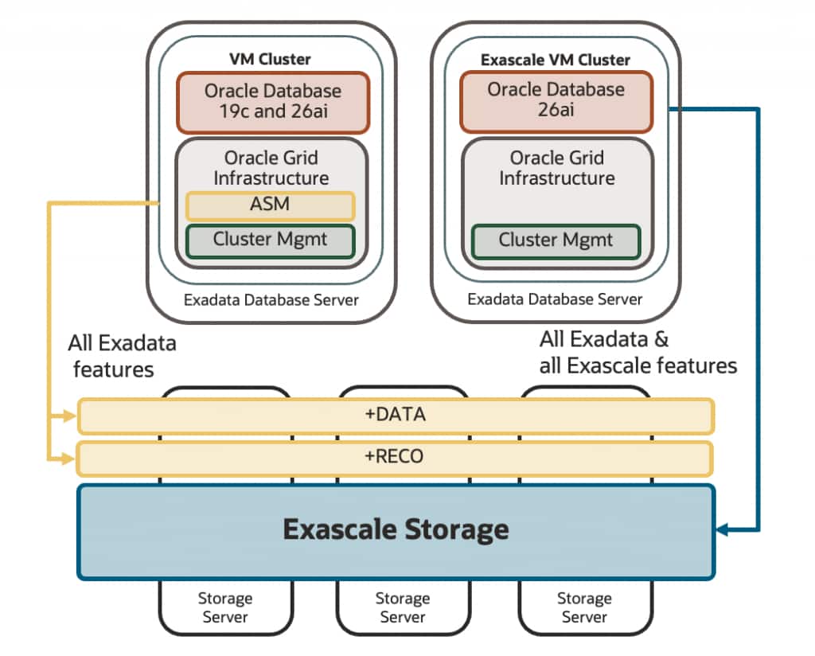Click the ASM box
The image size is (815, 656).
tap(270, 205)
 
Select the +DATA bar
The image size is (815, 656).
tap(395, 415)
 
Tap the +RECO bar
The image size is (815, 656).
tap(395, 458)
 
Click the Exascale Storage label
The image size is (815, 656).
tap(396, 529)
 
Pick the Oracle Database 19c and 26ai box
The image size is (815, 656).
tap(272, 101)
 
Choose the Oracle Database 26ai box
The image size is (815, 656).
tap(556, 100)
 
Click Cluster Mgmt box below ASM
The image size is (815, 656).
tap(270, 240)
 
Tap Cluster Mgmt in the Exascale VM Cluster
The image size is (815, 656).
tap(556, 240)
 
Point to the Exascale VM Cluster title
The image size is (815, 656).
tap(555, 60)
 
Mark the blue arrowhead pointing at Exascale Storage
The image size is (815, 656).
tap(723, 529)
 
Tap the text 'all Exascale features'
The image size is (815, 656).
tap(638, 365)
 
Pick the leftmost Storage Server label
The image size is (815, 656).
tap(225, 607)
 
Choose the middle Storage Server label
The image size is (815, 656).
tap(402, 607)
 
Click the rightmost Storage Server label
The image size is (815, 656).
tap(583, 607)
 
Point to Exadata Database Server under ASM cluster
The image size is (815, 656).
tap(271, 301)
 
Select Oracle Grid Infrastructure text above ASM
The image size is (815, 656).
tap(271, 167)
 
